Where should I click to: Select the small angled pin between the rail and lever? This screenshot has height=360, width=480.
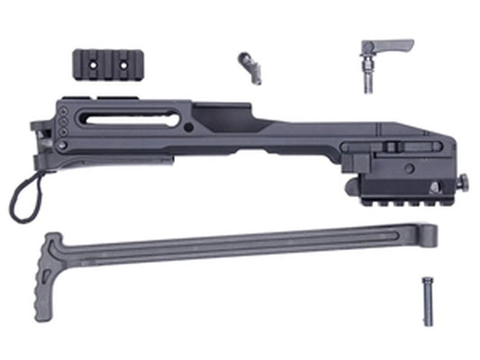tap(249, 67)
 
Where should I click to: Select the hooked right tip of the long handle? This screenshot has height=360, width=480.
tap(433, 236)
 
